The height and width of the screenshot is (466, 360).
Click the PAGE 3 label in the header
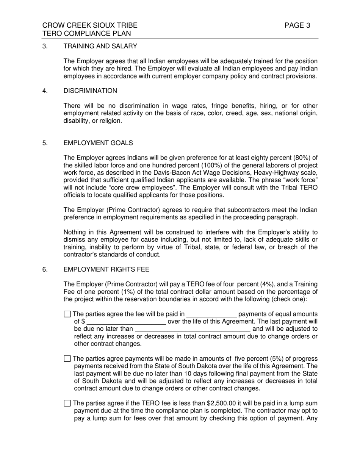click(297, 25)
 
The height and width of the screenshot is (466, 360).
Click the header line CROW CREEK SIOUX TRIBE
click(90, 25)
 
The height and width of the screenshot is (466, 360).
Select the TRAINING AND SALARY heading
click(100, 46)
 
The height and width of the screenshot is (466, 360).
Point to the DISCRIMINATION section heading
click(90, 91)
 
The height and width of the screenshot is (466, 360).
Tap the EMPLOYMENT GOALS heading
click(98, 143)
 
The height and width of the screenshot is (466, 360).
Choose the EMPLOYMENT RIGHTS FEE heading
click(106, 269)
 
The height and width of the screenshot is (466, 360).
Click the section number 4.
click(44, 91)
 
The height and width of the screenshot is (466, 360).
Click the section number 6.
click(44, 269)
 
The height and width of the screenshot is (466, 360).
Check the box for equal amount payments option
click(67, 314)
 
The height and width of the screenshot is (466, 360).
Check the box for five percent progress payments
click(67, 358)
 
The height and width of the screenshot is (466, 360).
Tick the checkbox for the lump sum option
click(67, 403)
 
